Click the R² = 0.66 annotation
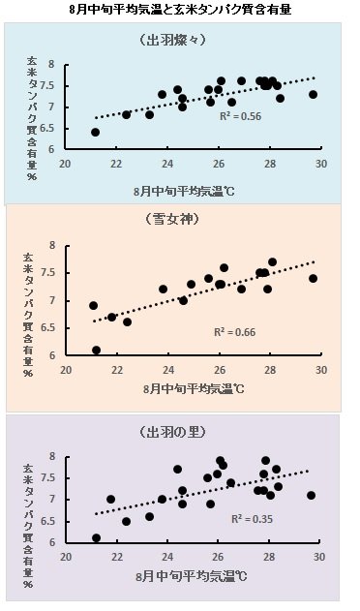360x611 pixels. pyautogui.click(x=235, y=331)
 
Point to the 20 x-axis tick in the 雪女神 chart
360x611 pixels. pyautogui.click(x=66, y=369)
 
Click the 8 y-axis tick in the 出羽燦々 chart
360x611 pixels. pyautogui.click(x=65, y=67)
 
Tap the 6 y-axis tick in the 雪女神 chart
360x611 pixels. pyautogui.click(x=65, y=355)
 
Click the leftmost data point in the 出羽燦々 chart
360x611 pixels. pyautogui.click(x=96, y=132)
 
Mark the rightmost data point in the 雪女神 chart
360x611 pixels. pyautogui.click(x=313, y=278)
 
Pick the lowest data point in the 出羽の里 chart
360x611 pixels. pyautogui.click(x=96, y=537)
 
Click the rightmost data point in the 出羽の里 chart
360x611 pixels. pyautogui.click(x=312, y=495)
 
